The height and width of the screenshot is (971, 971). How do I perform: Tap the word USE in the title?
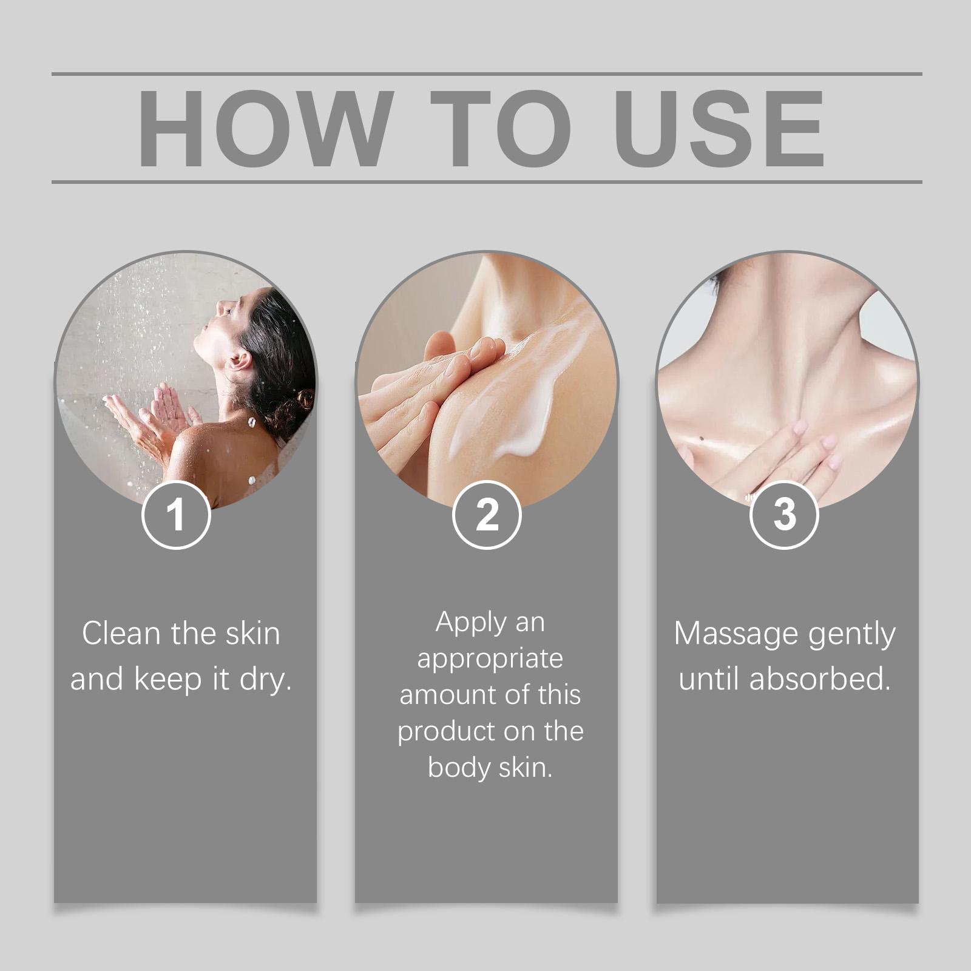(720, 128)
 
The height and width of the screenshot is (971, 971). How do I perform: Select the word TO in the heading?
(501, 128)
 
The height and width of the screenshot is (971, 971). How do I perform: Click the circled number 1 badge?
(176, 515)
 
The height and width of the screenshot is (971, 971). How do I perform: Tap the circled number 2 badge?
(487, 515)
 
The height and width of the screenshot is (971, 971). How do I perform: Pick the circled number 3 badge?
(784, 515)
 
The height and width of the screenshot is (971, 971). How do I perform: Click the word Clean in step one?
(122, 634)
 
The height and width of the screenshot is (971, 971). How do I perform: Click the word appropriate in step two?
(490, 660)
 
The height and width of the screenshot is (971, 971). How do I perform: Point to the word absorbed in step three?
(820, 679)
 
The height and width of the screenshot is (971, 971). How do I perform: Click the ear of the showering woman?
(240, 361)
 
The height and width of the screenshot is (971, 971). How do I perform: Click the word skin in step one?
(253, 634)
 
